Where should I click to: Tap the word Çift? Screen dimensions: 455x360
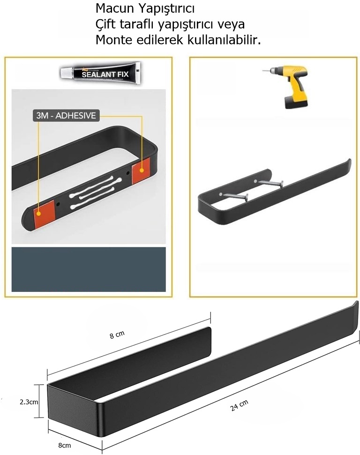pos(105,24)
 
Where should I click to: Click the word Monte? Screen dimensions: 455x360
pos(111,40)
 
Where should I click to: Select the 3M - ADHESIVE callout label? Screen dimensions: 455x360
pos(66,116)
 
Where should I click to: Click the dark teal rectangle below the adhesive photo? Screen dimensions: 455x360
pos(89,269)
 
